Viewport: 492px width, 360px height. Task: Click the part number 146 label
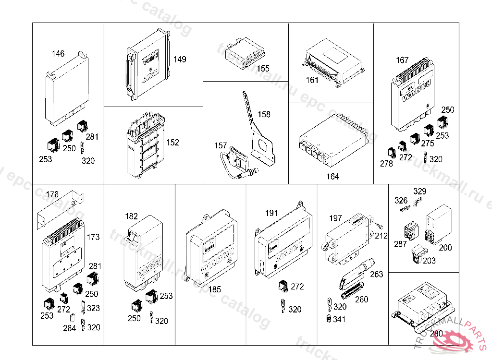(58, 54)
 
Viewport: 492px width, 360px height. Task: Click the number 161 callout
(313, 80)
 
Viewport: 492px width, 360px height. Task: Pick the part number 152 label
(172, 143)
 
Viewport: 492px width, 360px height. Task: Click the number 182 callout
(131, 216)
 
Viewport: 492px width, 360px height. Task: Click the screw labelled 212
(378, 226)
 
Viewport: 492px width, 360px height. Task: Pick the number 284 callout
(70, 329)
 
